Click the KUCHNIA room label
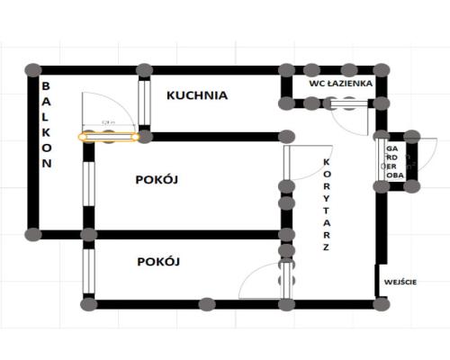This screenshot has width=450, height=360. [197, 94]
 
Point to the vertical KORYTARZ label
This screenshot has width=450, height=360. [326, 203]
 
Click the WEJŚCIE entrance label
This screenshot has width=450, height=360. [400, 283]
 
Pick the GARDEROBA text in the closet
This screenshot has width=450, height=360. [392, 162]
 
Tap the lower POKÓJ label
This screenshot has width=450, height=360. [160, 262]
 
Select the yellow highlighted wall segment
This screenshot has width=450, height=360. [109, 138]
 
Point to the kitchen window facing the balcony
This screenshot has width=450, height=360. [143, 103]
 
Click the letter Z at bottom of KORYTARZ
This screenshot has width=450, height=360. [326, 247]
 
